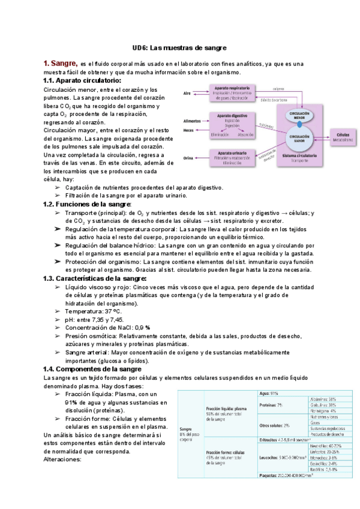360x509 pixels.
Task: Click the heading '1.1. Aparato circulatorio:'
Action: [82, 80]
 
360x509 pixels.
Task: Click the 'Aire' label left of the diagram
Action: [187, 94]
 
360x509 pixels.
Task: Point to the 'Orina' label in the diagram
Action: [188, 158]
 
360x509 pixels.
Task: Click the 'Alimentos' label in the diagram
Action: [192, 121]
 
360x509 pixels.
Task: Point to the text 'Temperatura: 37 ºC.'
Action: [93, 312]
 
